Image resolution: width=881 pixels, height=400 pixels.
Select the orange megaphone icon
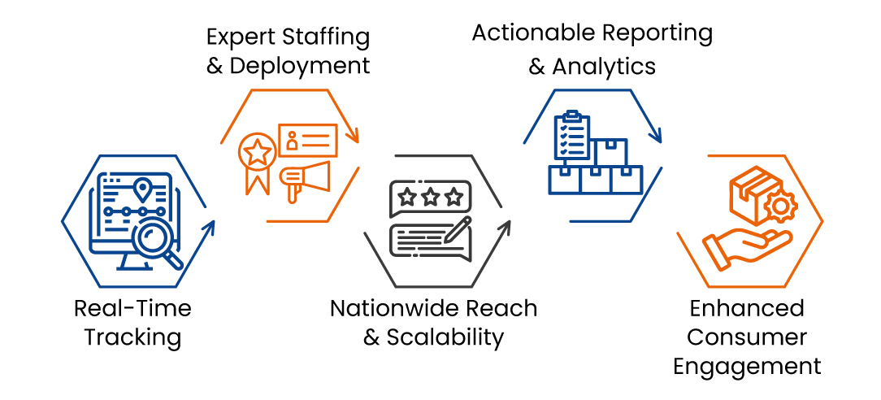(x=304, y=176)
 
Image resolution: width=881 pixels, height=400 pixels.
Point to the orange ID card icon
(x=307, y=139)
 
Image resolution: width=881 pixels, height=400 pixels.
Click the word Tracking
(x=133, y=336)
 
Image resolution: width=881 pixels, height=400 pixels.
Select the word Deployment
(x=300, y=66)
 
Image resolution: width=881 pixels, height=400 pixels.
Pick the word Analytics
(x=604, y=67)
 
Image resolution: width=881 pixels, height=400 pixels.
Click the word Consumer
(x=748, y=337)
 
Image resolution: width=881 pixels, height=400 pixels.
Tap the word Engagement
(x=748, y=365)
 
